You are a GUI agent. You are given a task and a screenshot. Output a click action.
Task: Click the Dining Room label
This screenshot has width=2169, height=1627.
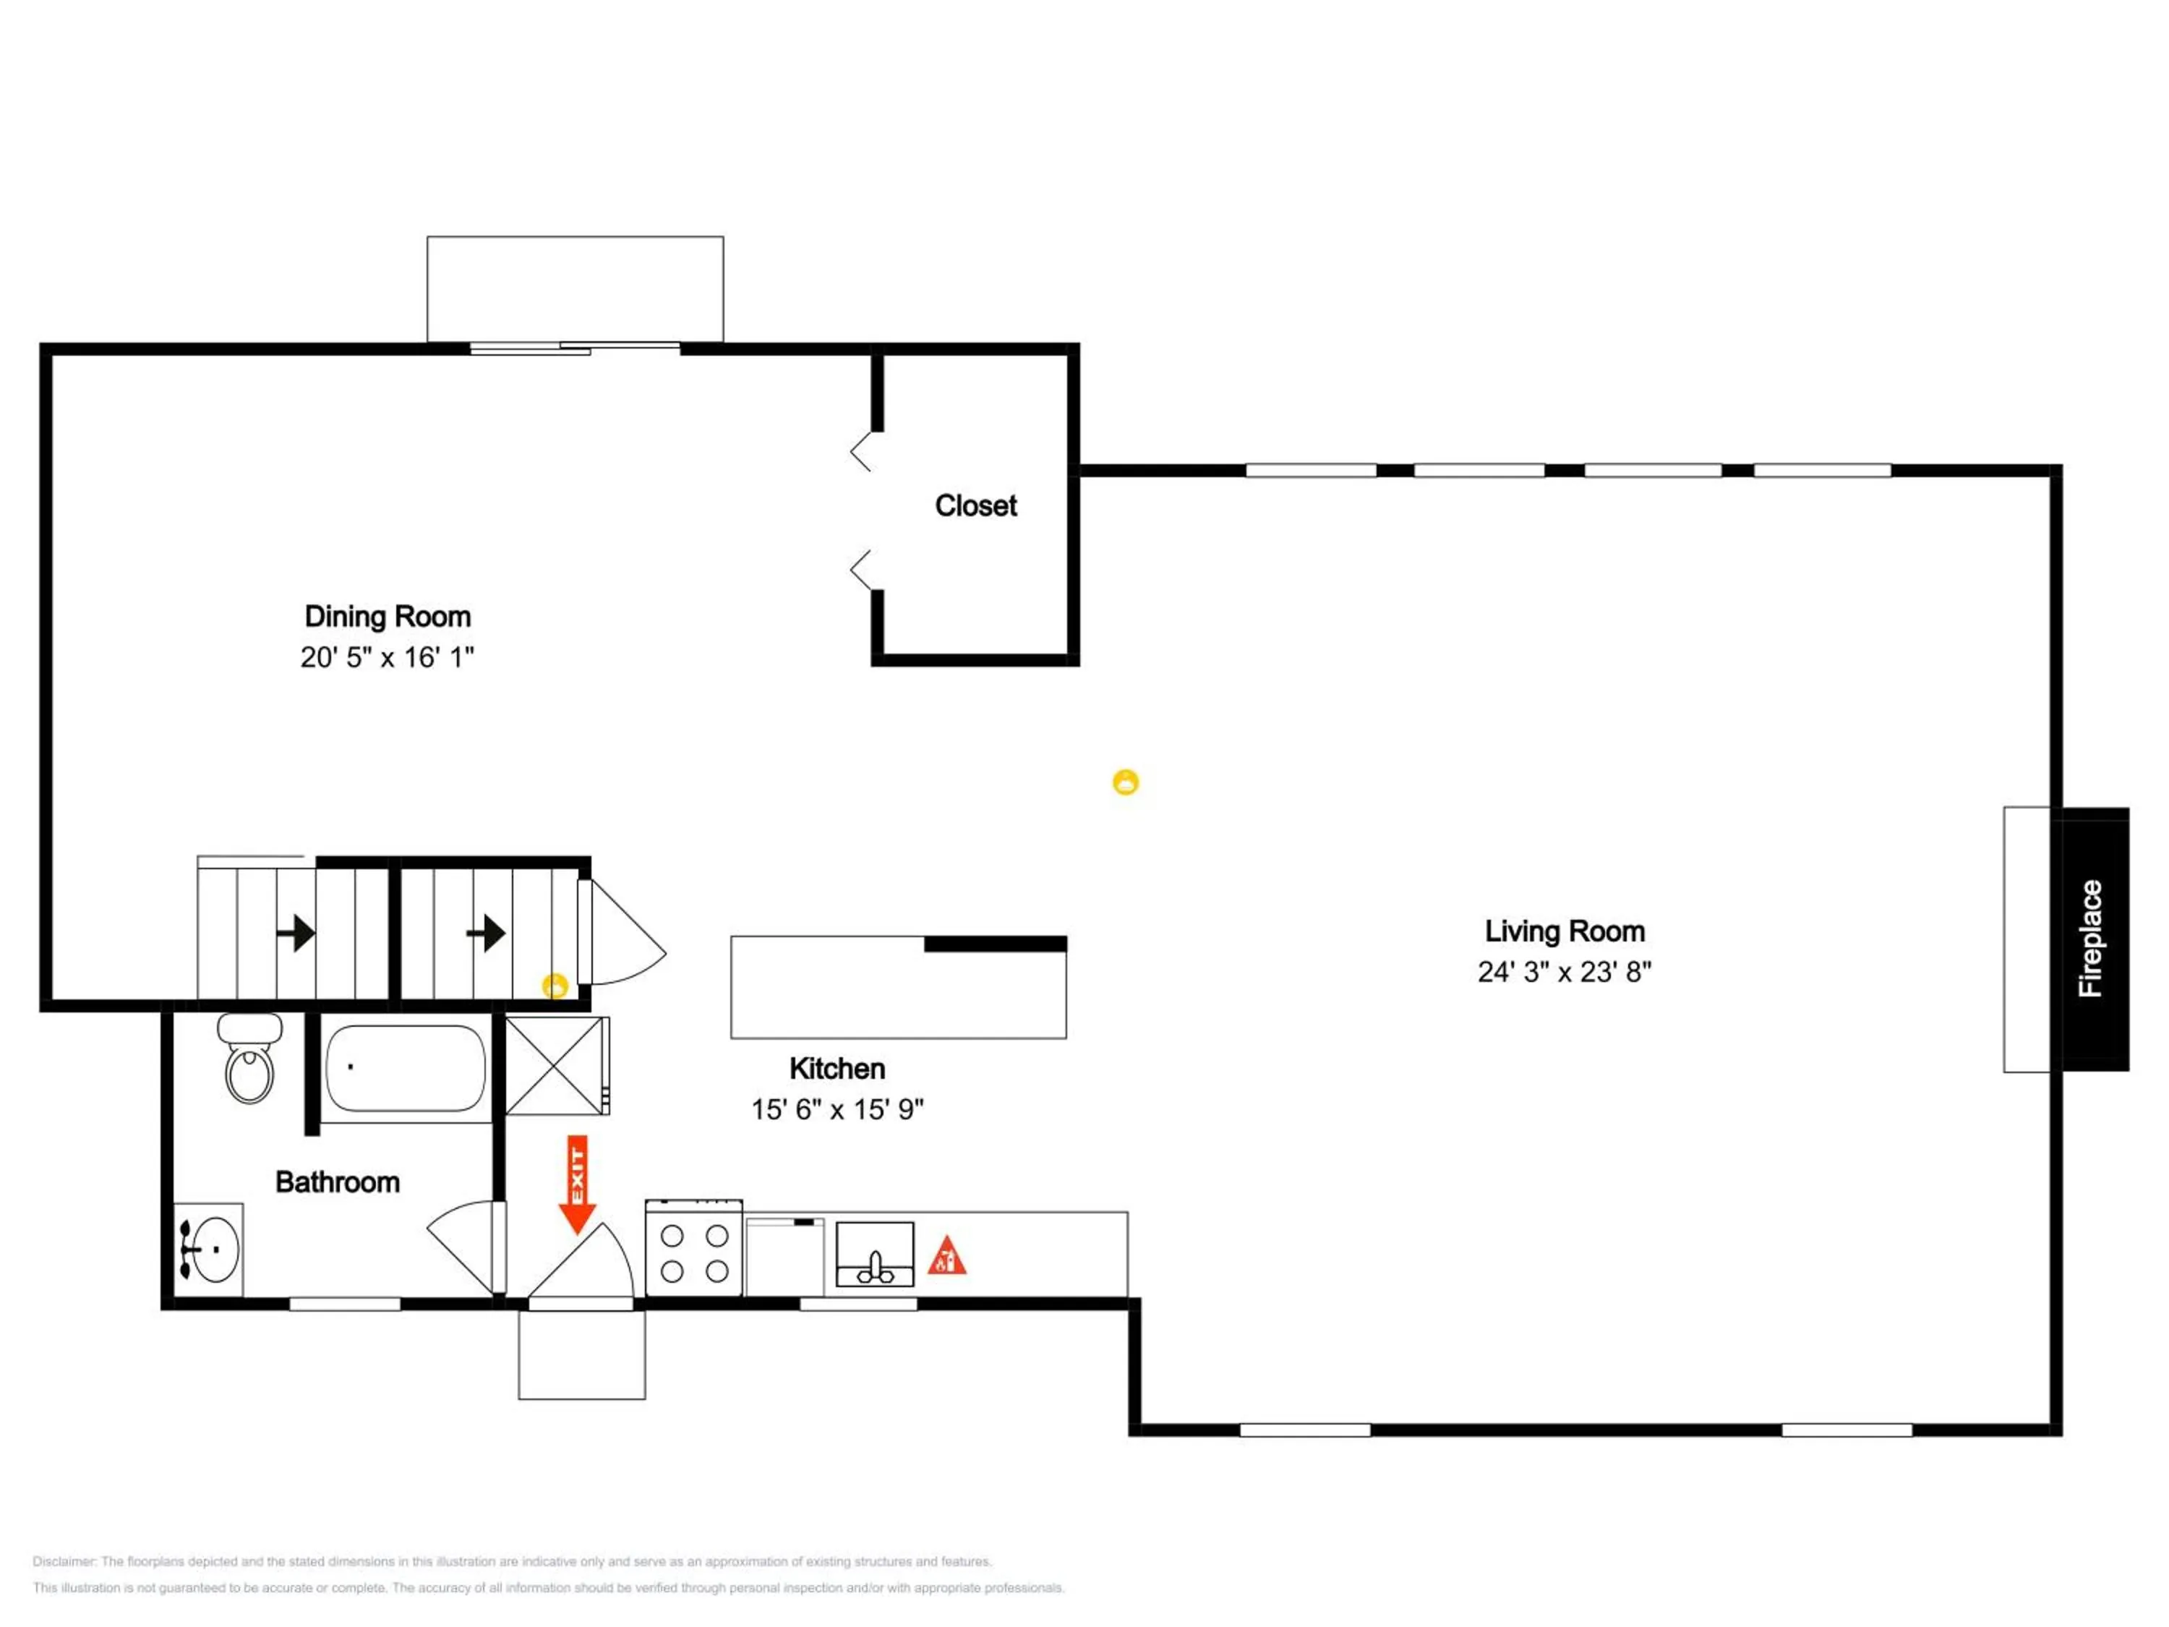[x=388, y=616]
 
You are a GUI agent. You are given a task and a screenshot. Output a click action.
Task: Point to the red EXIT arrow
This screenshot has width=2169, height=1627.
[x=578, y=1184]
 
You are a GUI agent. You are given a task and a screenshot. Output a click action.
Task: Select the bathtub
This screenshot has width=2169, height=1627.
[x=405, y=1068]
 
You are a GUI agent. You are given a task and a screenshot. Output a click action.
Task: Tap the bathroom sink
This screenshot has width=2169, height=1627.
[x=208, y=1250]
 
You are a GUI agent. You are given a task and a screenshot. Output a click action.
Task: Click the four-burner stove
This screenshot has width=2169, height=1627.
[x=694, y=1247]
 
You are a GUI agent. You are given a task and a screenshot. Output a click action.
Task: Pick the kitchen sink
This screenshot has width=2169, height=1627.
[x=875, y=1255]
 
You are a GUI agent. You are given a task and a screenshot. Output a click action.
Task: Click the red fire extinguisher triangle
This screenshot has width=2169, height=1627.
[x=946, y=1255]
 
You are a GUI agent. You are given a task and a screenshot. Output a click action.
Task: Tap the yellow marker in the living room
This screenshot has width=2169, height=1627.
[x=1126, y=782]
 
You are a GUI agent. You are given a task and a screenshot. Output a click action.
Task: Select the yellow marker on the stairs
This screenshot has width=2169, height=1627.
[x=555, y=986]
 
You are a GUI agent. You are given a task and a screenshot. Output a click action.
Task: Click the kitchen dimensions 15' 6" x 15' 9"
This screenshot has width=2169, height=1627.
[x=837, y=1109]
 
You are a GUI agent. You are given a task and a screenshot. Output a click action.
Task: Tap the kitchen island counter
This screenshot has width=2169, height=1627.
[x=898, y=986]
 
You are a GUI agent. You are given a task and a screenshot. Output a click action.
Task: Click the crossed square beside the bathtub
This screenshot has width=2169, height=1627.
[x=556, y=1065]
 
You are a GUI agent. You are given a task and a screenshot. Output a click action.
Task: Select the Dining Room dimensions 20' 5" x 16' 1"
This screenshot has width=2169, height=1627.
[x=388, y=657]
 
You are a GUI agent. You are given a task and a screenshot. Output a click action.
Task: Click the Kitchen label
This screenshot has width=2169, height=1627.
[x=837, y=1068]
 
